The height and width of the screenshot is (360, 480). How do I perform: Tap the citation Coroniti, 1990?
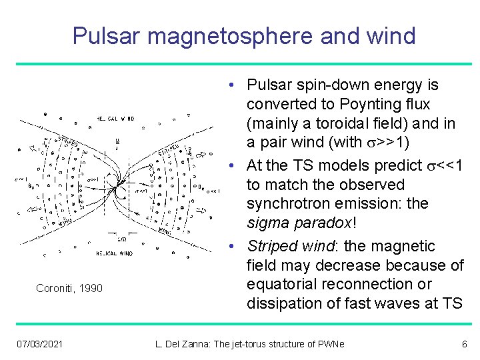tap(69, 288)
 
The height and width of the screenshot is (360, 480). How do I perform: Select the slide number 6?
tap(465, 344)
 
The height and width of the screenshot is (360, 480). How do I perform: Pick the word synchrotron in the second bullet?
tap(285, 203)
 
